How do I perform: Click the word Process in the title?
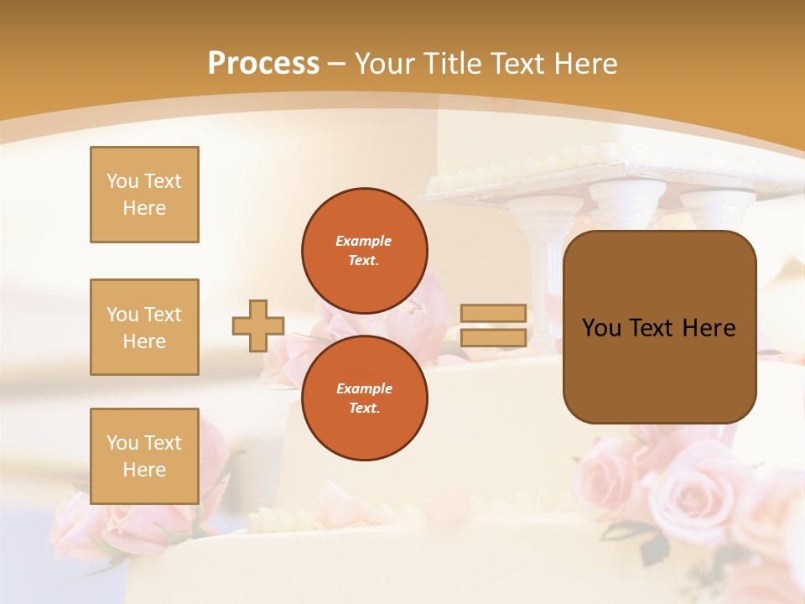click(263, 64)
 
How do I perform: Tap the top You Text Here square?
click(144, 195)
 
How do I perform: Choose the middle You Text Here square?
click(144, 327)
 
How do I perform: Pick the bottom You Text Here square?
click(144, 456)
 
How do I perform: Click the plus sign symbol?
click(258, 325)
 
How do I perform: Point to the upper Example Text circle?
click(364, 251)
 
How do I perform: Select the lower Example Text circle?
click(364, 398)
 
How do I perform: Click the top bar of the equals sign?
click(493, 313)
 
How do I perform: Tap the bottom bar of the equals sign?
click(493, 338)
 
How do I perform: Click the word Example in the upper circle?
click(364, 241)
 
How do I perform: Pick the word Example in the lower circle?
click(364, 388)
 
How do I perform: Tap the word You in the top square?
click(122, 181)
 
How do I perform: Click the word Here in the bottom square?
click(144, 470)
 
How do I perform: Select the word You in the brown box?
click(601, 328)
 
